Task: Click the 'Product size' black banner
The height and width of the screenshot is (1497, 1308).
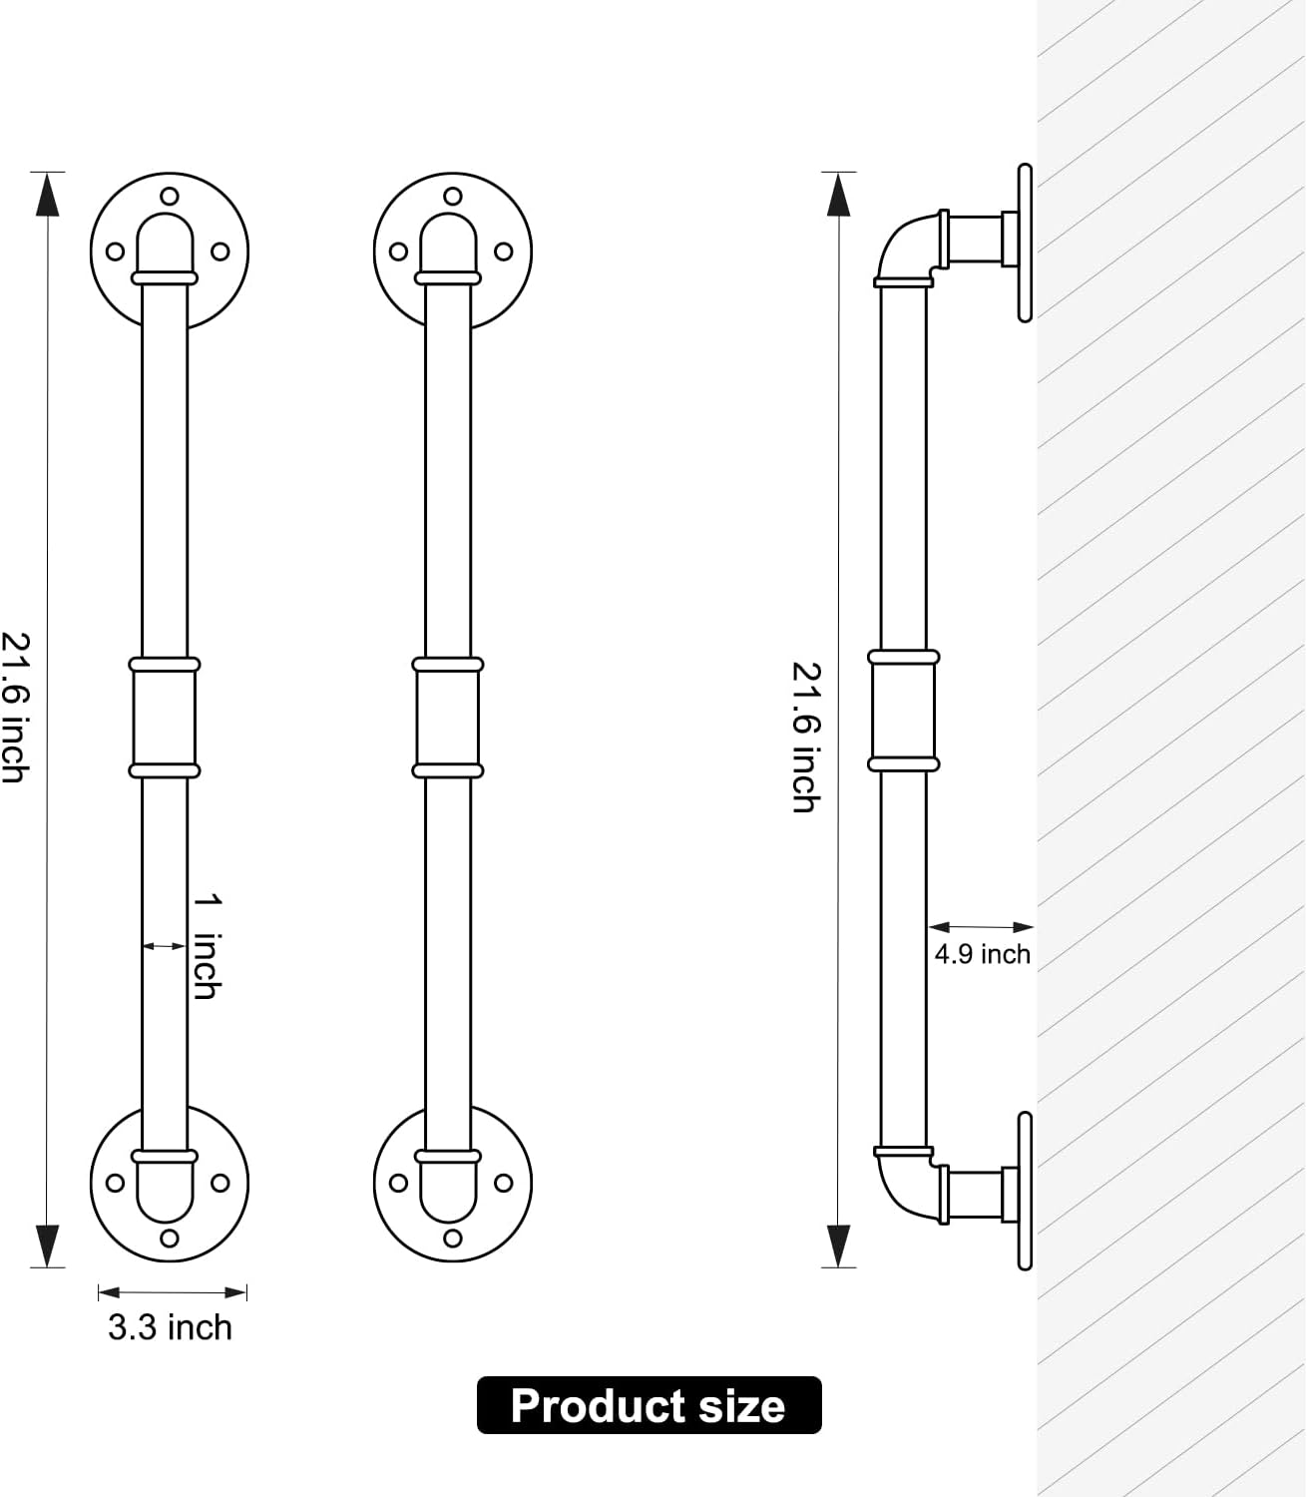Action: coord(649,1405)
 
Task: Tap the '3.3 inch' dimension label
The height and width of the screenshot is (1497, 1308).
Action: coord(170,1328)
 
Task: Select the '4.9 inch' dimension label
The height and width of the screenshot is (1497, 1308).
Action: coord(982,955)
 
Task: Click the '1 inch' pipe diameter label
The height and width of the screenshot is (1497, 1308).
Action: coord(208,947)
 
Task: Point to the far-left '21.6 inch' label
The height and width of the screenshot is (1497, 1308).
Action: coord(15,708)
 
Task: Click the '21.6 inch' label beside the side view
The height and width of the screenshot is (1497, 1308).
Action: coord(807,738)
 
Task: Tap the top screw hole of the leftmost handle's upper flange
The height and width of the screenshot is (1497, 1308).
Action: coord(170,196)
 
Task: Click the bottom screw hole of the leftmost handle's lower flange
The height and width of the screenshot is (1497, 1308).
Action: coord(170,1238)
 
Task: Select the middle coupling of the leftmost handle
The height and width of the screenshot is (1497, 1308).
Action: coord(165,718)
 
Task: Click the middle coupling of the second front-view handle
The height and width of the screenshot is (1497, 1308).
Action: coord(448,718)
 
